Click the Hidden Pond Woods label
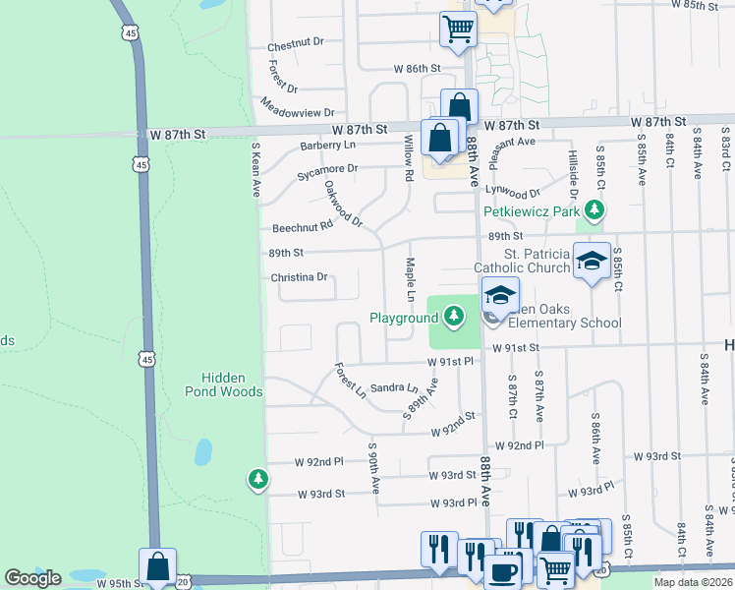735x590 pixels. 231,384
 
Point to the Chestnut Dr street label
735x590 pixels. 296,46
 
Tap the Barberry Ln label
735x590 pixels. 327,145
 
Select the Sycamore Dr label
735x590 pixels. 327,169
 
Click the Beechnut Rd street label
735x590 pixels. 304,226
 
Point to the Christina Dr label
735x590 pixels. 299,277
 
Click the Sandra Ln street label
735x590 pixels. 394,388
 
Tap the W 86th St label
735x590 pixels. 418,69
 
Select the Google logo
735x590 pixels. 32,578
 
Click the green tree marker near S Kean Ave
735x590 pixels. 257,479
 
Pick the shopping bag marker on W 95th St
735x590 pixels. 157,566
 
